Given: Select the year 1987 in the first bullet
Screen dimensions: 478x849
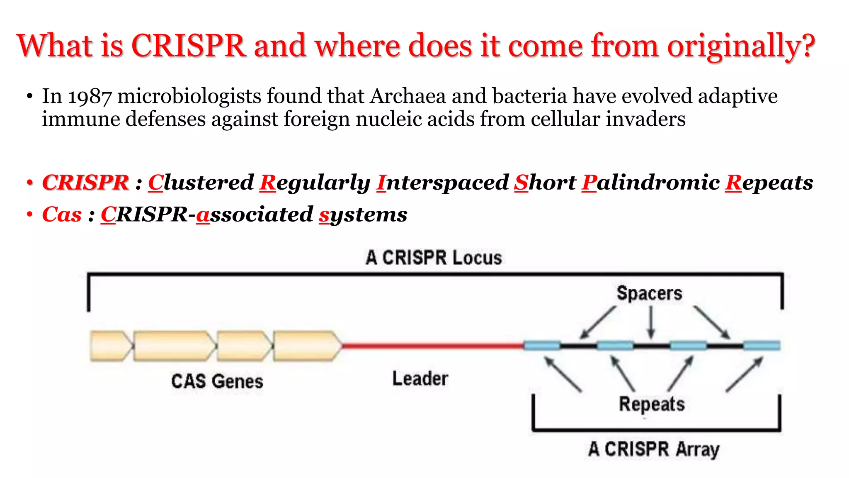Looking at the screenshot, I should (90, 97).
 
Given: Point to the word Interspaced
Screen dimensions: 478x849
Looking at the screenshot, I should (442, 183).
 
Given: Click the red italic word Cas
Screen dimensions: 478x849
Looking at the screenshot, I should (62, 215).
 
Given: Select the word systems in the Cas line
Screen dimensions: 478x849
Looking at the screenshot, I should (363, 215).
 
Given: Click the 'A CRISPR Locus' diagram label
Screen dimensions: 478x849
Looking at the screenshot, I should (434, 258).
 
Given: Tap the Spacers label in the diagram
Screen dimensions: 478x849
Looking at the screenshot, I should (649, 293).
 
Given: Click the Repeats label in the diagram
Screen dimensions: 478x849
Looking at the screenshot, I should (652, 404).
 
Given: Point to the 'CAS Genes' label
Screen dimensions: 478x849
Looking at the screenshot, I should (217, 381).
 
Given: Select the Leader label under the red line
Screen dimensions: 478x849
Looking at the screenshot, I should (420, 378).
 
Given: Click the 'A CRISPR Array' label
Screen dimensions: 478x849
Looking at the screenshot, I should (654, 449).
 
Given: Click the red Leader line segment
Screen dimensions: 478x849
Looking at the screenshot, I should (433, 345).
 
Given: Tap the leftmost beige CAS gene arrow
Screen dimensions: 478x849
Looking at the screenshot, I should (111, 346).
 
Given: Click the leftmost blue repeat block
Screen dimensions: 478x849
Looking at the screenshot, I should (542, 345).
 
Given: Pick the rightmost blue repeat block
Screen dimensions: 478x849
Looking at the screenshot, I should (762, 345).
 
